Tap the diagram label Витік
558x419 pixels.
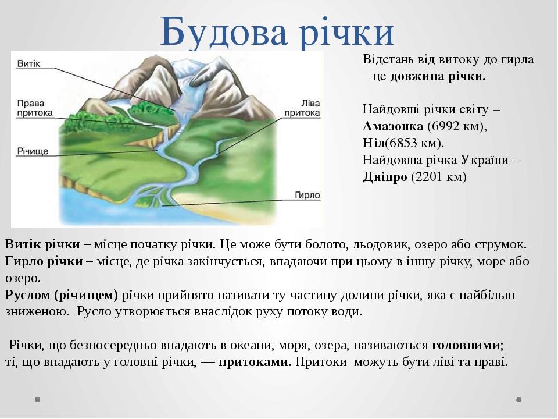click(x=29, y=64)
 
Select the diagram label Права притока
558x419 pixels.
click(x=35, y=108)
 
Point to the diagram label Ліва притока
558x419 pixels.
click(x=302, y=108)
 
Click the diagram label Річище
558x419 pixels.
click(x=33, y=151)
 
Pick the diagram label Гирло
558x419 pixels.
click(x=307, y=196)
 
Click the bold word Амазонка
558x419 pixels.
click(x=393, y=126)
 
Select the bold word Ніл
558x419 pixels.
click(x=374, y=143)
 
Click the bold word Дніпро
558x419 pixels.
click(x=385, y=177)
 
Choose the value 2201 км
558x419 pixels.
click(x=438, y=177)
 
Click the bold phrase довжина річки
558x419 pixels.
click(x=438, y=77)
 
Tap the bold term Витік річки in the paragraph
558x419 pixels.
click(x=42, y=245)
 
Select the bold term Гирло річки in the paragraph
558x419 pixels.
click(x=44, y=261)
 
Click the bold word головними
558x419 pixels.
click(x=466, y=345)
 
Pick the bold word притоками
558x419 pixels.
click(x=255, y=362)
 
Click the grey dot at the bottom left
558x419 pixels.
click(x=38, y=400)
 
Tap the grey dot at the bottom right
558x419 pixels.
click(x=519, y=400)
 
